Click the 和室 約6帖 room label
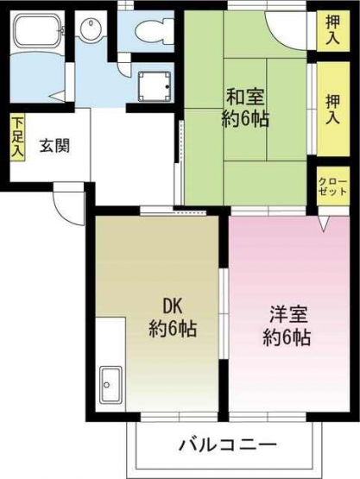coord(245,108)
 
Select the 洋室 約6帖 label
coord(287,326)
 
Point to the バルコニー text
coord(228,444)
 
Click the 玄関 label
coord(55,145)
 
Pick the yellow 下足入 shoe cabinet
coord(18,137)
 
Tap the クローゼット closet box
coord(332,186)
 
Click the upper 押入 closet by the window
coord(332,30)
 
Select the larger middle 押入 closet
coord(332,109)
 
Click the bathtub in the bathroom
coord(38,29)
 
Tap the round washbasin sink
coord(90,26)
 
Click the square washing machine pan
coord(154,86)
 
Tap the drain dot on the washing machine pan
coord(167,86)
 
